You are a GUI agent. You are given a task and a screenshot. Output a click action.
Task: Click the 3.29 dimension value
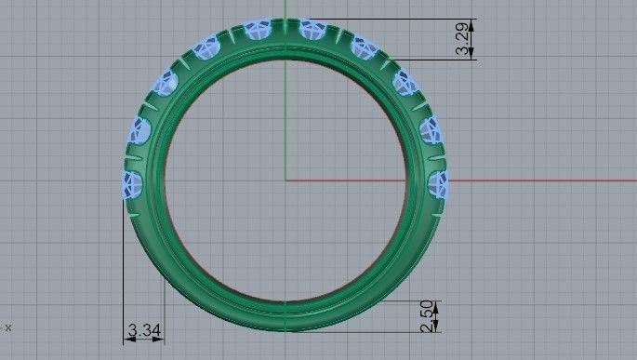point(462,39)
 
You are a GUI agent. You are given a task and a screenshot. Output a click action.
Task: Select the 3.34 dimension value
point(144,330)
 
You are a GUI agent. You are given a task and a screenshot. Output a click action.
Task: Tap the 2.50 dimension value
point(425,316)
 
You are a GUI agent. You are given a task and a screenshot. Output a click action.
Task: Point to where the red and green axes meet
point(285,180)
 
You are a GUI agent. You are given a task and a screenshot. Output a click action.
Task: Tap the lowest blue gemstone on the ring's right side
point(438,184)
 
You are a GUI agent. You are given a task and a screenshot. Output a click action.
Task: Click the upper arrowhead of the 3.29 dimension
point(473,23)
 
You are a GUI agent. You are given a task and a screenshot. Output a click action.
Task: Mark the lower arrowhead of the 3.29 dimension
point(473,55)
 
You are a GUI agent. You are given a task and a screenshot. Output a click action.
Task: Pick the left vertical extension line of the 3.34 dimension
point(124,270)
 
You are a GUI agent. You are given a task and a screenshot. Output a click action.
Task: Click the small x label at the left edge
point(7,327)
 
